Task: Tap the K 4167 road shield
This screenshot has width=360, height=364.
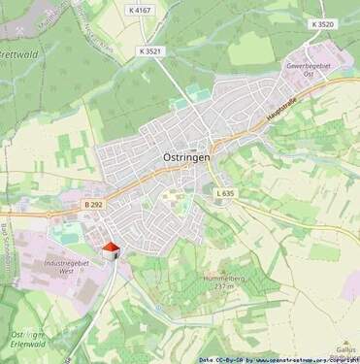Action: click(x=141, y=10)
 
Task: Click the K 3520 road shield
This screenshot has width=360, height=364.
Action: click(x=323, y=24)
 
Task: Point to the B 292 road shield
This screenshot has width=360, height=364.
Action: click(x=93, y=204)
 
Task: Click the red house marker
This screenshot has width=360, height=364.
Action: click(x=112, y=250)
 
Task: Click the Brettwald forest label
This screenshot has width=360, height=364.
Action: click(x=17, y=54)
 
